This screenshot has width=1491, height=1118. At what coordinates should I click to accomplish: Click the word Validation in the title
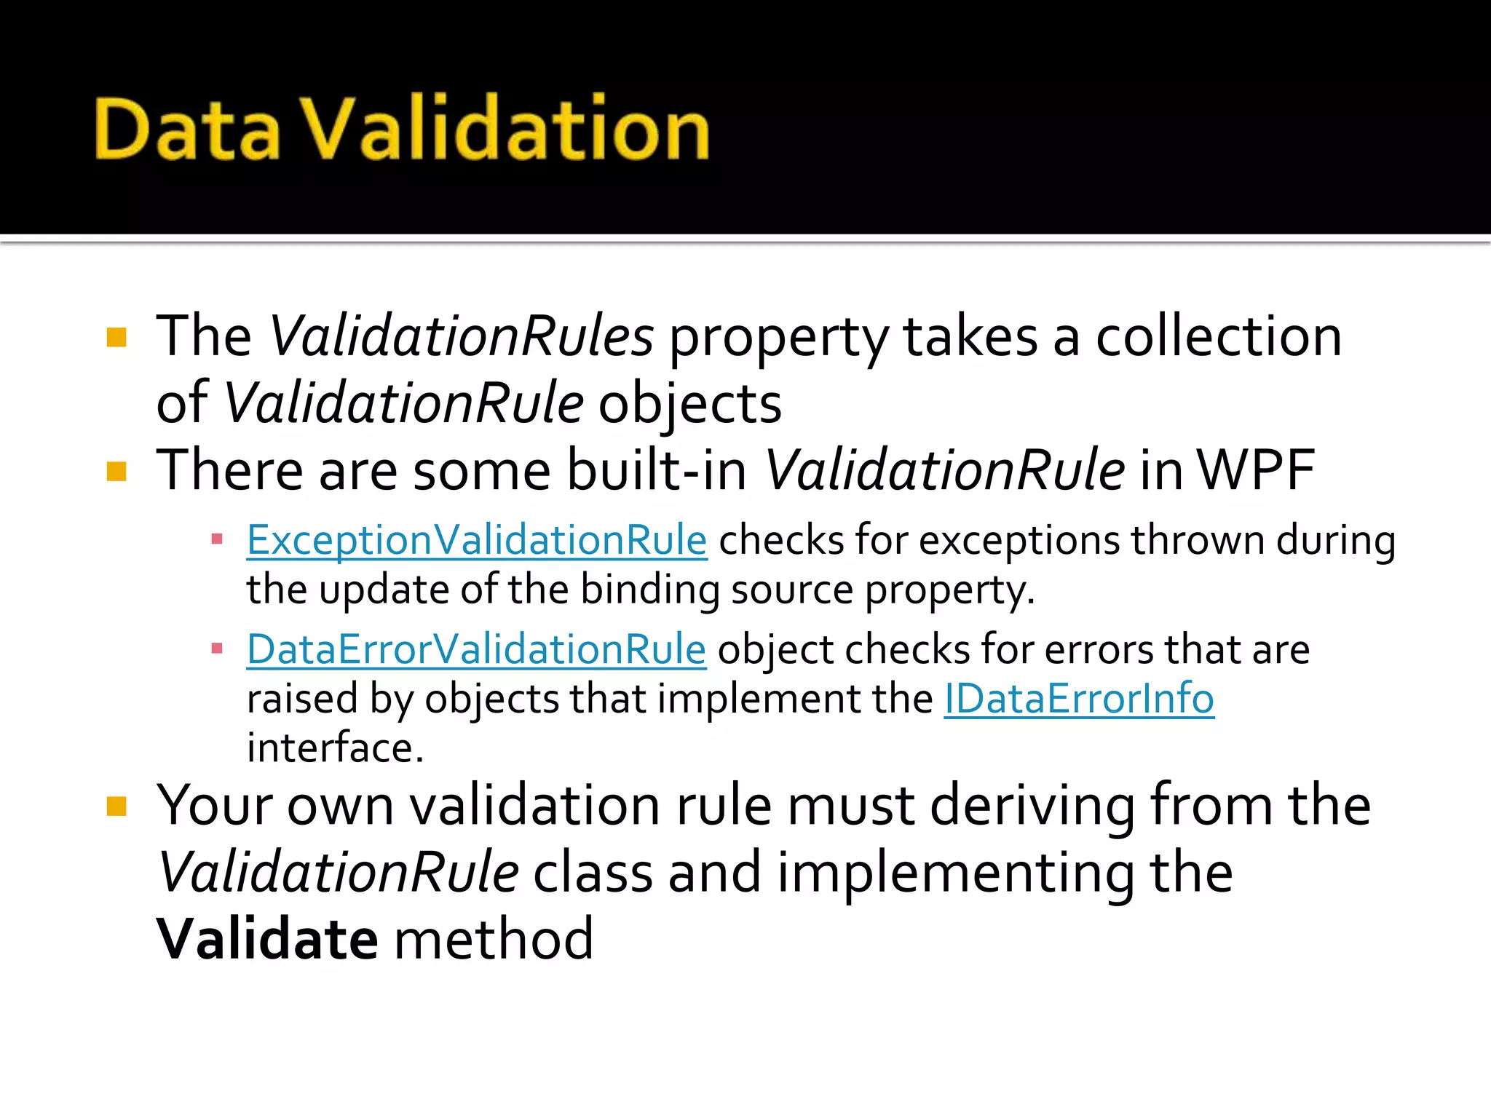coord(505,129)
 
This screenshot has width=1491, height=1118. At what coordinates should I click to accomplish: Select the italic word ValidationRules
coord(462,336)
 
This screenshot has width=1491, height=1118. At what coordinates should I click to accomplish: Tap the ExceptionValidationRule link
coord(477,541)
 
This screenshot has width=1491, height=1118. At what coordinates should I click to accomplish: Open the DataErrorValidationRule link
coord(476,649)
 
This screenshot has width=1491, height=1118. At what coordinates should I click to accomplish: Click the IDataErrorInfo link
coord(1079,699)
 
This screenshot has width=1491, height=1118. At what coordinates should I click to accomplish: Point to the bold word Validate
coord(267,939)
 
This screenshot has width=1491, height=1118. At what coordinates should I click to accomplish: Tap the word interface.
coord(335,748)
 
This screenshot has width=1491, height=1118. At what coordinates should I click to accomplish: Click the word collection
coord(1219,336)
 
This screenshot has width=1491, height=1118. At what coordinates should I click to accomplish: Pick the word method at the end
coord(494,939)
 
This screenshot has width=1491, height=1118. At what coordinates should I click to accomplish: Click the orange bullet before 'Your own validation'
coord(116,806)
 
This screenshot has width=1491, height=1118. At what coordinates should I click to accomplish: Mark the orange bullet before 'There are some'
coord(116,472)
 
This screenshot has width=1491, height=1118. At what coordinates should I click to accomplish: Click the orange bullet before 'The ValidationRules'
coord(116,338)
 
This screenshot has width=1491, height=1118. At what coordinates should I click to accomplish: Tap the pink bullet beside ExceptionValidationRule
coord(216,540)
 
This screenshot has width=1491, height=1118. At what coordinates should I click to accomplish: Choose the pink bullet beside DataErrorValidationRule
coord(216,649)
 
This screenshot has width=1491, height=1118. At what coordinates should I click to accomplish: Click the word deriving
coord(1032,806)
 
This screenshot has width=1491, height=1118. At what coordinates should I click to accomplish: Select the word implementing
coord(955,873)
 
